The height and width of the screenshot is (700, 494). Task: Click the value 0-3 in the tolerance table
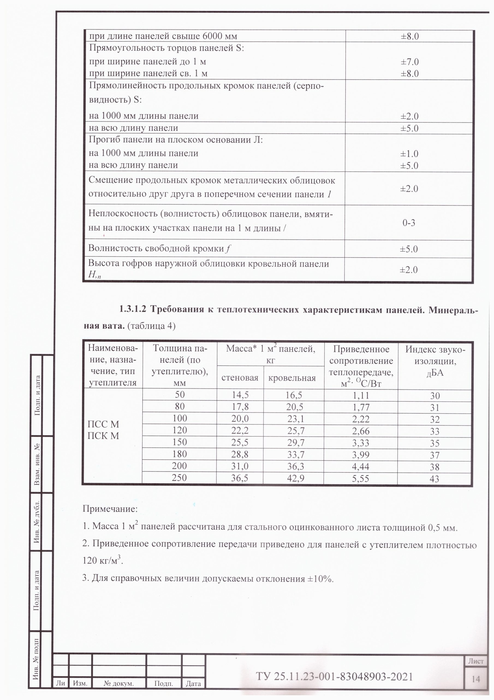coord(409,223)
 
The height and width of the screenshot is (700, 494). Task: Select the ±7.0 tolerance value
coord(409,62)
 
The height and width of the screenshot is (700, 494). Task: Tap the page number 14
coord(476,679)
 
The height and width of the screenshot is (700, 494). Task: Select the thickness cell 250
coord(179,477)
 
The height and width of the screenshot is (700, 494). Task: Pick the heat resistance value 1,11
coord(361,395)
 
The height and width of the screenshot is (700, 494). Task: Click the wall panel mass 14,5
coord(240,395)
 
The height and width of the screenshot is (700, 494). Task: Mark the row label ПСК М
coord(103,436)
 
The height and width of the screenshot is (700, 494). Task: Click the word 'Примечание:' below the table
coord(110,509)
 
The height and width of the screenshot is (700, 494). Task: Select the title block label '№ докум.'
coord(119,683)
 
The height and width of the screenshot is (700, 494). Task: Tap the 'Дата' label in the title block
coord(193,684)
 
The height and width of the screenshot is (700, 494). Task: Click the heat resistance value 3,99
coord(361,455)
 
